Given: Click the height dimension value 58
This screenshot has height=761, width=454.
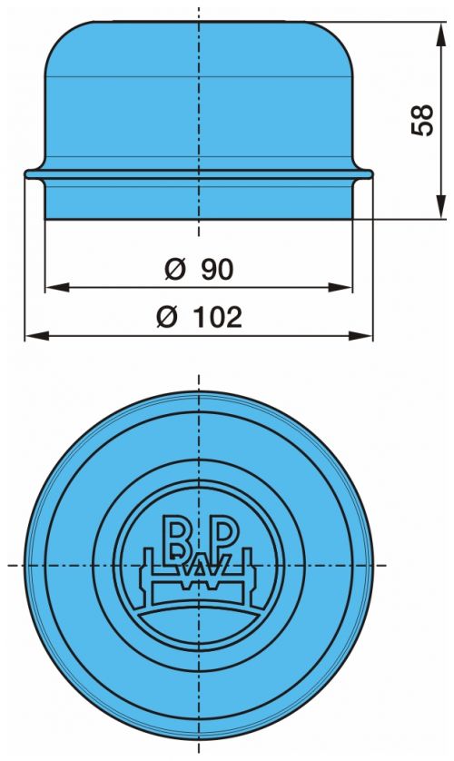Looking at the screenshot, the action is [x=421, y=120].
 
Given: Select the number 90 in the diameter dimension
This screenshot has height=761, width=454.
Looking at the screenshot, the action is [x=217, y=270].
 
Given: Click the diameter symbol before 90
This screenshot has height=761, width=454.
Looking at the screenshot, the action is [x=175, y=270].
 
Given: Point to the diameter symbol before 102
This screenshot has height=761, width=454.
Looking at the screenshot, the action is [x=167, y=317].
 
